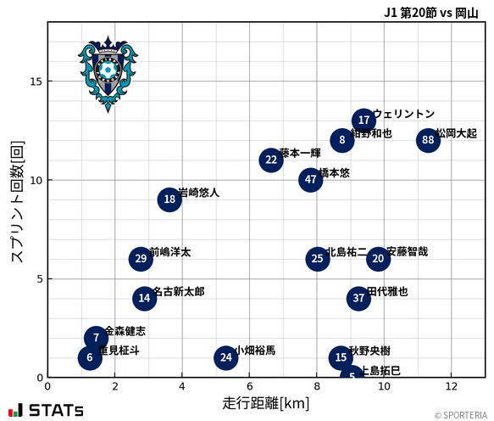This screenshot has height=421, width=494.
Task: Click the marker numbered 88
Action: pos(428,140)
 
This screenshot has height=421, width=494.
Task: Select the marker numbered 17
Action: pos(364,121)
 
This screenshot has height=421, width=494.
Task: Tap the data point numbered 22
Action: pos(271,160)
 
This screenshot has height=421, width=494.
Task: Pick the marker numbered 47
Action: pos(311,180)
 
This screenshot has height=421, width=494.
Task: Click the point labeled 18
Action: pos(169,199)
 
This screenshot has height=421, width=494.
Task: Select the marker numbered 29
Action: pos(141,259)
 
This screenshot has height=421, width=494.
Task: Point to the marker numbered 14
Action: pos(145,298)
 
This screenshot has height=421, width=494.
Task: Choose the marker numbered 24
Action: pos(225,357)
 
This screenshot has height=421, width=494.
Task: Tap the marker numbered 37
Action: pos(358,298)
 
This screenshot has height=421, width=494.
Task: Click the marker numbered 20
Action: pos(378,259)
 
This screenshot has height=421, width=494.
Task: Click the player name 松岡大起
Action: pos(457,133)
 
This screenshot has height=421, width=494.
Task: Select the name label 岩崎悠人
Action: pos(199,193)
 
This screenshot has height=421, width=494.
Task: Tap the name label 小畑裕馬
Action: pos(255,350)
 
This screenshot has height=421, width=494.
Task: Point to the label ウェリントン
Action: pos(404,114)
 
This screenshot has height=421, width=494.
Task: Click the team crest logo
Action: pos(108,74)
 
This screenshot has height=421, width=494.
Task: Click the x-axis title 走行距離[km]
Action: pos(266,401)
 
